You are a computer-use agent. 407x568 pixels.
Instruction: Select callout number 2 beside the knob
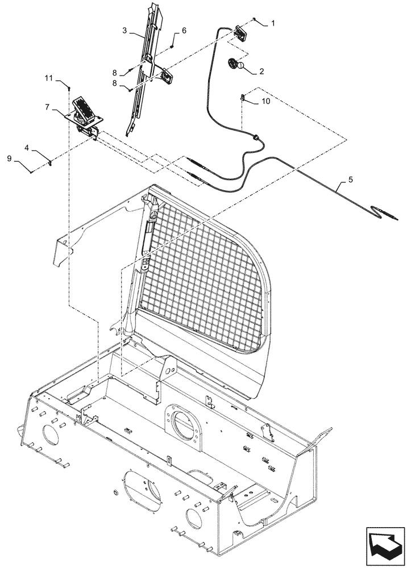(x=261, y=72)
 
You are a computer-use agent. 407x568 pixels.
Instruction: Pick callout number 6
(x=184, y=30)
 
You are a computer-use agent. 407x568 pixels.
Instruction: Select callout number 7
(x=48, y=106)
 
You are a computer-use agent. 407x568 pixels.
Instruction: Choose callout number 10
(x=267, y=101)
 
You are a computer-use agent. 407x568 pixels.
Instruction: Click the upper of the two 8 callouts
(x=114, y=73)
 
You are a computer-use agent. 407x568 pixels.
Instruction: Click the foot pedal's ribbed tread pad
(x=84, y=107)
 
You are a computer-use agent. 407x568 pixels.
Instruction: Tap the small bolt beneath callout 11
(x=69, y=87)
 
